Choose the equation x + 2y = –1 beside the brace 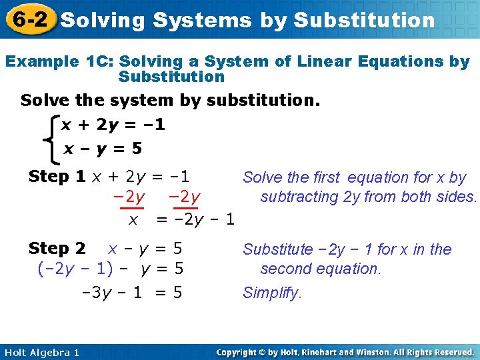pos(113,125)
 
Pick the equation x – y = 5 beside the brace pos(103,149)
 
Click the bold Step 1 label pos(57,177)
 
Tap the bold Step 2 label pos(57,249)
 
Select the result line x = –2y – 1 pos(181,219)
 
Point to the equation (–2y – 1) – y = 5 pos(110,269)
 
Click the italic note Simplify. pos(272,293)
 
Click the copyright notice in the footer pos(345,352)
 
